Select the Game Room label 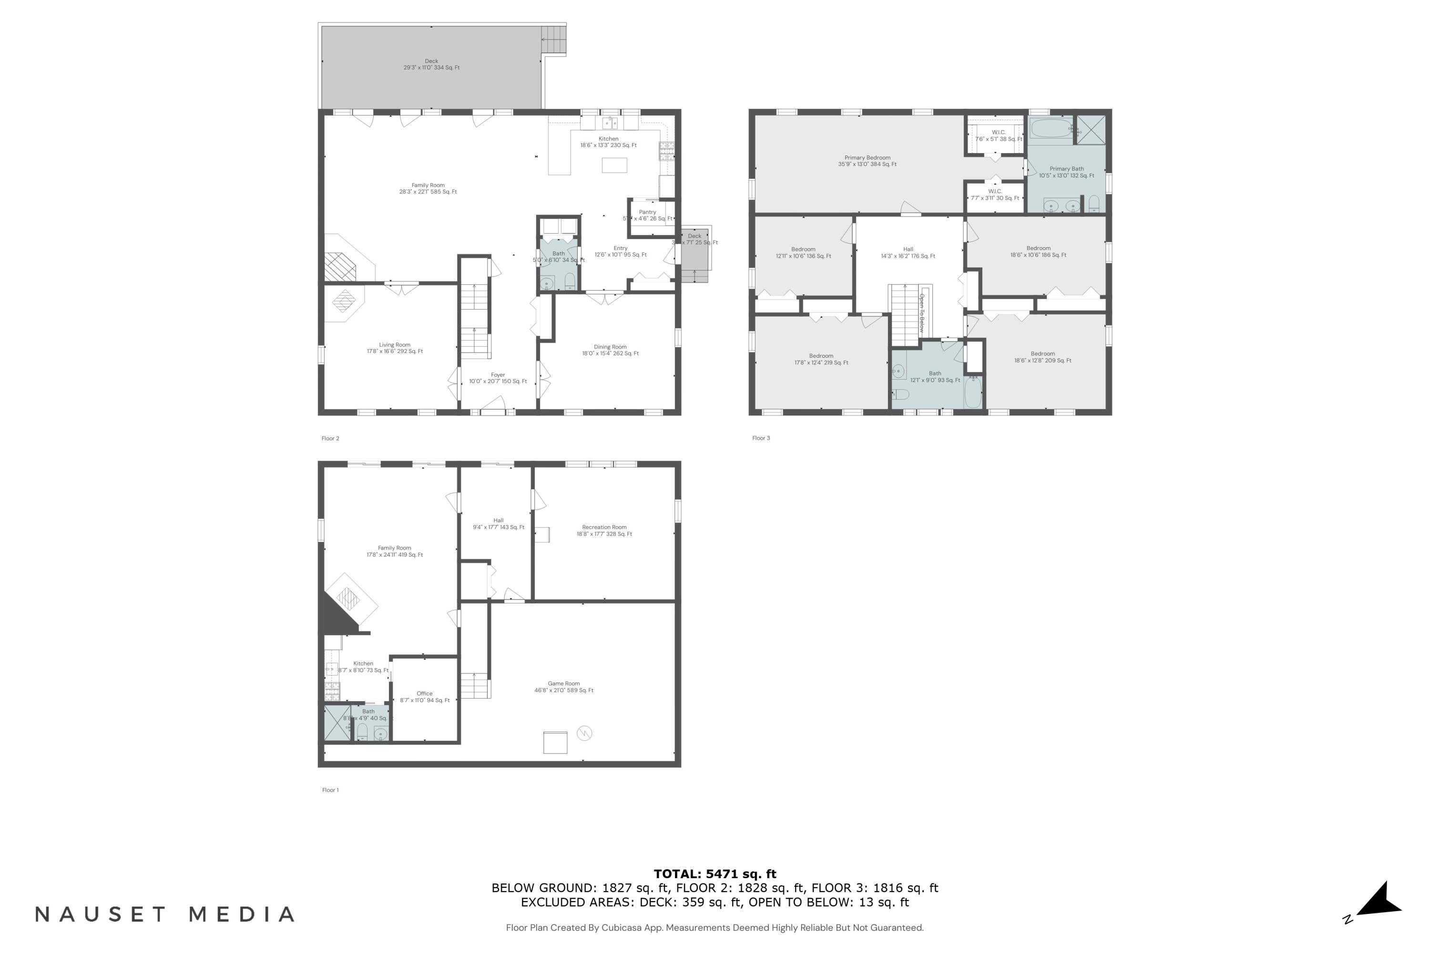(x=563, y=687)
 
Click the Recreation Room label (x=604, y=530)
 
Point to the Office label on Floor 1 (x=424, y=696)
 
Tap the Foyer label (x=498, y=378)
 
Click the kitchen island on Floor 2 (x=614, y=165)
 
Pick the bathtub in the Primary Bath (x=1051, y=128)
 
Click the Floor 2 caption (x=330, y=438)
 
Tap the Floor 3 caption (x=761, y=438)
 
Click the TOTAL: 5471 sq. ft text (x=715, y=874)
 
